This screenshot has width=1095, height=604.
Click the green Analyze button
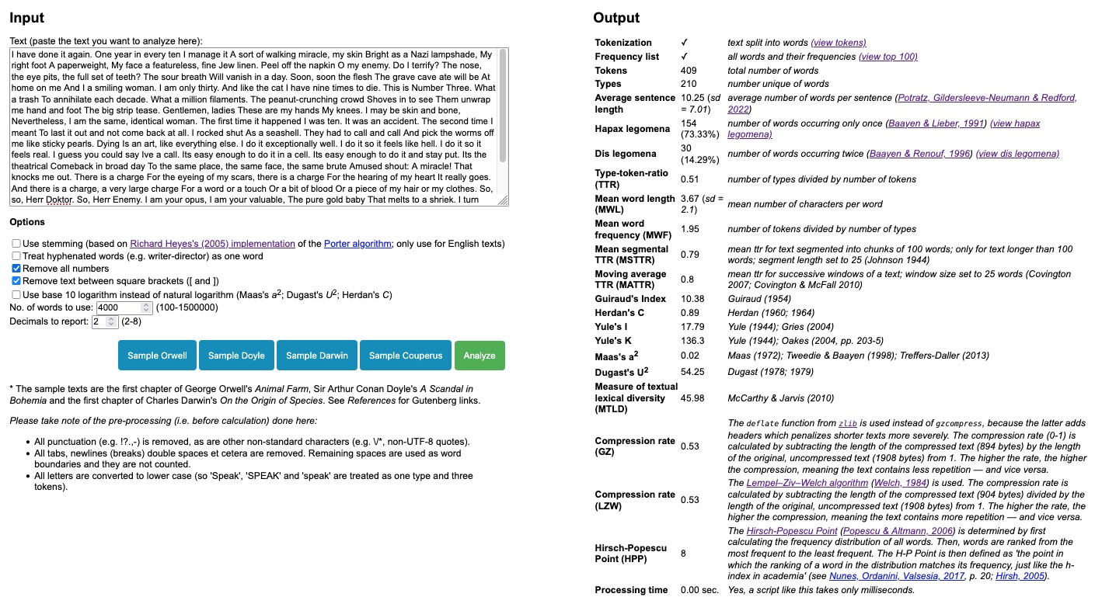pyautogui.click(x=479, y=356)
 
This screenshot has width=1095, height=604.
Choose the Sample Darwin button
pyautogui.click(x=317, y=356)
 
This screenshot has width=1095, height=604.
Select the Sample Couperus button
pyautogui.click(x=405, y=356)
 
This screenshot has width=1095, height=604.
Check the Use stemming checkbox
pyautogui.click(x=16, y=244)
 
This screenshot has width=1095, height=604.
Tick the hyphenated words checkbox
pyautogui.click(x=16, y=256)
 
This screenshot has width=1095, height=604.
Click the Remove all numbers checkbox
pyautogui.click(x=16, y=269)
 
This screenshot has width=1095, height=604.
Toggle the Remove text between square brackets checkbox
pyautogui.click(x=16, y=281)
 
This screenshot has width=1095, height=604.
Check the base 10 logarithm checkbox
pyautogui.click(x=16, y=295)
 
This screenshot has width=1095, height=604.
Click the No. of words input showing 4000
pyautogui.click(x=119, y=308)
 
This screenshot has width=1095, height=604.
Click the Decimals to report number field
pyautogui.click(x=103, y=321)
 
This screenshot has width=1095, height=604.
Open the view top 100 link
pyautogui.click(x=888, y=57)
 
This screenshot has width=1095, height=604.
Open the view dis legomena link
pyautogui.click(x=1017, y=154)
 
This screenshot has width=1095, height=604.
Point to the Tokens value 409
pyautogui.click(x=689, y=71)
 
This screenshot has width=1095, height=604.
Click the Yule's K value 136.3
pyautogui.click(x=692, y=341)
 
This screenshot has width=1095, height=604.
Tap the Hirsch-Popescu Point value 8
pyautogui.click(x=683, y=554)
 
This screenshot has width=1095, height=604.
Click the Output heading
pyautogui.click(x=616, y=18)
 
